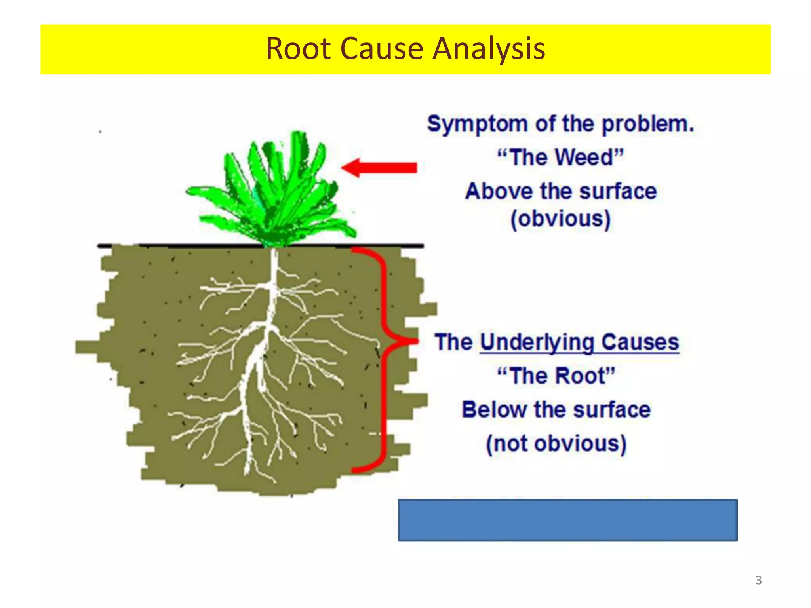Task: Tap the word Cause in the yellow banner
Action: pos(381,49)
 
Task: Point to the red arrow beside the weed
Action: pos(379,167)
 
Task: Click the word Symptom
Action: pos(477,124)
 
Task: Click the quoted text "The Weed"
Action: pos(560,158)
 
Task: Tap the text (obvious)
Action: pos(560,219)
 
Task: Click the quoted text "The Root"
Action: pos(556,376)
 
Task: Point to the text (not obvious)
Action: pos(556,444)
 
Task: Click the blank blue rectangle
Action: pos(567,520)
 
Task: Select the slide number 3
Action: pos(758,580)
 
